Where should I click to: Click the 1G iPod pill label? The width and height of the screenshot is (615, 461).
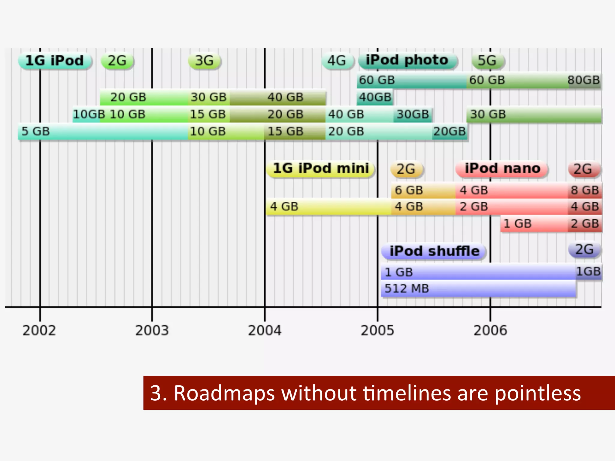(54, 61)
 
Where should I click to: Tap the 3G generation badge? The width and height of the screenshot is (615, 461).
(204, 61)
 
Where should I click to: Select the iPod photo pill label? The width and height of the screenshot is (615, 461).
(407, 60)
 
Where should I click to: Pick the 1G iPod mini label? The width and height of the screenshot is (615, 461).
(321, 169)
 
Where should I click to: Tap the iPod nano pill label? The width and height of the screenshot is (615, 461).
(502, 169)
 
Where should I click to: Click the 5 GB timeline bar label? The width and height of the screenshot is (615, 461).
(35, 131)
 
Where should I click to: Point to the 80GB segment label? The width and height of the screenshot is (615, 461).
(583, 80)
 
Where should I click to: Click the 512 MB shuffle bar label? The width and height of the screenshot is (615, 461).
(407, 289)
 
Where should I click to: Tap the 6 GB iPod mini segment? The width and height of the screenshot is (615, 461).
(409, 190)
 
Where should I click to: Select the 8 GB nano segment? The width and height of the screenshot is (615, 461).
(585, 190)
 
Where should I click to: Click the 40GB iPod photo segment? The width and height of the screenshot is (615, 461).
(375, 97)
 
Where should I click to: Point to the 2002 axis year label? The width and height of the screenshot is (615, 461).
(39, 331)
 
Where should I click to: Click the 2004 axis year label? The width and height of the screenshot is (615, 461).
(265, 331)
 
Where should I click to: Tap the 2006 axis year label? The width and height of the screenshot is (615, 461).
(490, 331)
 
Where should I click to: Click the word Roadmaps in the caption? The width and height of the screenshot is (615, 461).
(224, 393)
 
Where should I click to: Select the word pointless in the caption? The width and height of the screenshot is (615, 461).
(538, 393)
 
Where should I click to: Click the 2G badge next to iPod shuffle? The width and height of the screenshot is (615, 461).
(584, 250)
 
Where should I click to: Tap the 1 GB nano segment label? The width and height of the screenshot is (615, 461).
(517, 224)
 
